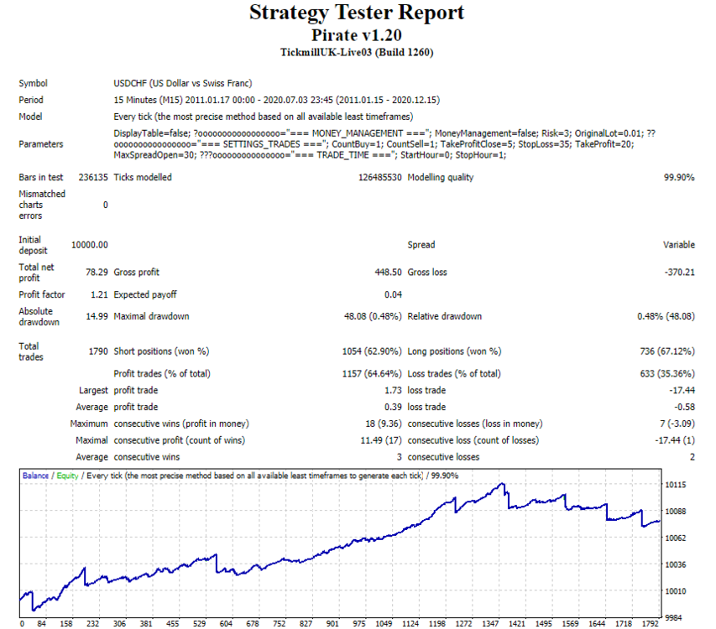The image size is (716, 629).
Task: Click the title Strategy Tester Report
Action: coord(357,13)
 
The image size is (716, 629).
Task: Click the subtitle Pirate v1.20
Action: coord(357,35)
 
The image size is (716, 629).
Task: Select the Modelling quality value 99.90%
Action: coord(679,178)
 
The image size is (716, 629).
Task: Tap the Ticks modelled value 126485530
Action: coord(380,178)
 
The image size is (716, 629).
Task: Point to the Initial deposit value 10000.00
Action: coord(90,245)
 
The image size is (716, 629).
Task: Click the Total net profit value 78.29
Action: coord(97,273)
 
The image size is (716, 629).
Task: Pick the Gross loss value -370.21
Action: coord(679,273)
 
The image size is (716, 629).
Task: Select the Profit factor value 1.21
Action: coord(99,294)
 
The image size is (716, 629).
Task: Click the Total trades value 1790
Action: coord(98,351)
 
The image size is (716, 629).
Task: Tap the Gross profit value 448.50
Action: coord(388,273)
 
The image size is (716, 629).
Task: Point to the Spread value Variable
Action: coord(679,245)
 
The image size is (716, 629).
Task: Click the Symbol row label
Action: coord(33,84)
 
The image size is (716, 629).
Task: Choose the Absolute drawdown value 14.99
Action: coord(97,316)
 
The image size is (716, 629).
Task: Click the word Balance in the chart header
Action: coord(35,476)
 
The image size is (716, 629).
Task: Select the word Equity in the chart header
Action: coord(68,476)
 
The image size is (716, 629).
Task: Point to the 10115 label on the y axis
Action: coord(676,485)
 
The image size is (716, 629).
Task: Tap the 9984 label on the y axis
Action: coord(673,617)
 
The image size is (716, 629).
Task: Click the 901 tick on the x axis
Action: coord(332,623)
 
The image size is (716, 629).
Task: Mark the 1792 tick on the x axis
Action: coord(651,623)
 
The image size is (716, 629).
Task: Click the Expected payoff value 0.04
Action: coord(393,294)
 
